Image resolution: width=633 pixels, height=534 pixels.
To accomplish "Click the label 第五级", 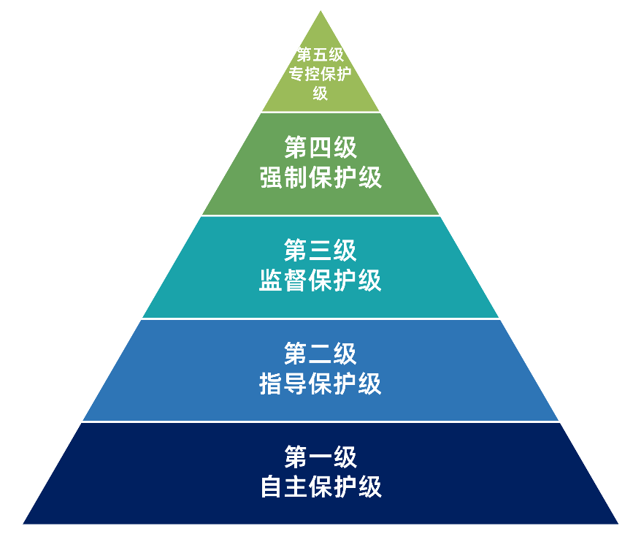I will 321,55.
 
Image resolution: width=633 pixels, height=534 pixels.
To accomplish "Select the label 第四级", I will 321,148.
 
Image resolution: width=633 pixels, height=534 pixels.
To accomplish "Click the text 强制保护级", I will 321,178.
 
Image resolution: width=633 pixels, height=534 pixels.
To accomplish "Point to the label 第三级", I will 321,251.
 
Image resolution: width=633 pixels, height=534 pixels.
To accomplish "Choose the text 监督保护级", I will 321,281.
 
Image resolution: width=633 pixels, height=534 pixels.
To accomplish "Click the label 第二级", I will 321,354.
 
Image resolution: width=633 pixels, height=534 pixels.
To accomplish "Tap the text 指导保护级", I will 321,384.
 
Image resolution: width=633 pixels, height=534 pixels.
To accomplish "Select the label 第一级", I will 321,457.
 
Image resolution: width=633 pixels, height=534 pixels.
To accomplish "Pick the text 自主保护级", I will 321,487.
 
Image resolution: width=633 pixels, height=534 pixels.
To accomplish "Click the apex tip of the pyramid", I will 321,12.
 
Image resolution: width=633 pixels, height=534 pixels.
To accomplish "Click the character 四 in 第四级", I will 321,148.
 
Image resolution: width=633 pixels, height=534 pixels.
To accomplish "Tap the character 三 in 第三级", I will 321,251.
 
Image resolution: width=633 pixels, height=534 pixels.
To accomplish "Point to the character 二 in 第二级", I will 321,354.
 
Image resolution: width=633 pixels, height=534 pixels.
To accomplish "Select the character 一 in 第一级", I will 321,457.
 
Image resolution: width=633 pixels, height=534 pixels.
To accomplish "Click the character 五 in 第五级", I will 321,55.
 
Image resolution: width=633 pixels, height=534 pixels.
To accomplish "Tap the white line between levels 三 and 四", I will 321,215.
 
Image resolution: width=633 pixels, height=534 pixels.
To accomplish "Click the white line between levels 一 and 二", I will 321,422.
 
